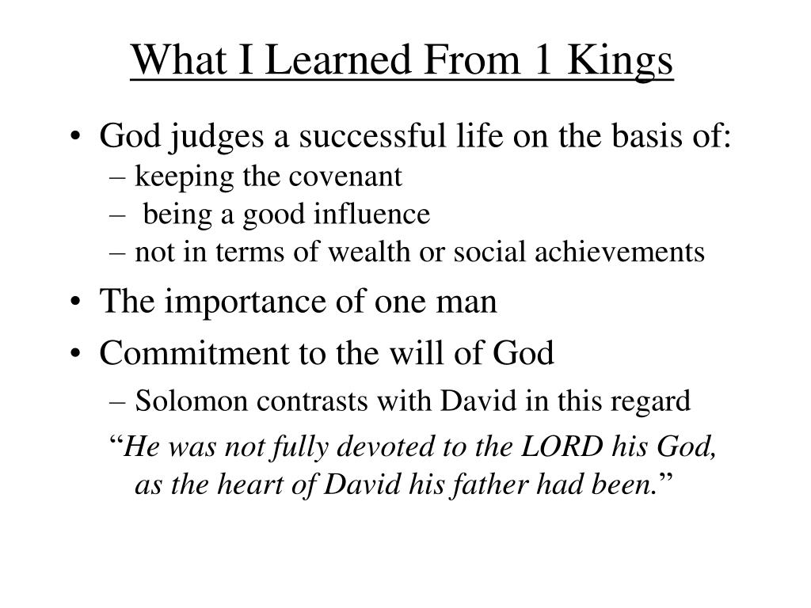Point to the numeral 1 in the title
tap(543, 60)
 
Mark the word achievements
tap(619, 252)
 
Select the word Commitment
tap(195, 353)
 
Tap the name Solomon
tap(192, 401)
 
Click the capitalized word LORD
tap(562, 446)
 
